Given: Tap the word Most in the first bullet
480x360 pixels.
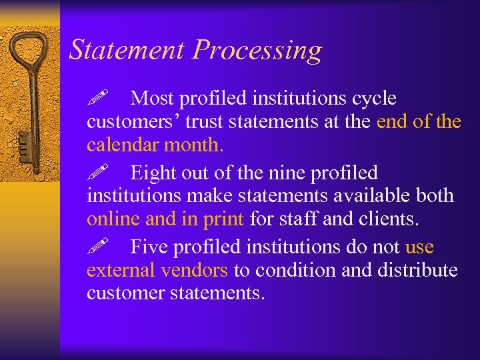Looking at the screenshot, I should pyautogui.click(x=154, y=99).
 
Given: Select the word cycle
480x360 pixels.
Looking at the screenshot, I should pyautogui.click(x=371, y=99).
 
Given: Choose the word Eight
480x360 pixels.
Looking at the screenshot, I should pyautogui.click(x=155, y=173).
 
